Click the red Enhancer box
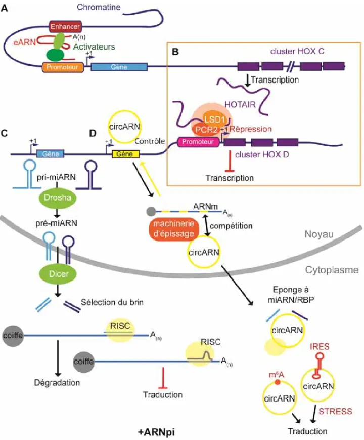[x=65, y=27]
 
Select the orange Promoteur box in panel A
[x=63, y=67]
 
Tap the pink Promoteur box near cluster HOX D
[x=198, y=142]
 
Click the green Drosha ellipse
[x=57, y=197]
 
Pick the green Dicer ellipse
[x=58, y=273]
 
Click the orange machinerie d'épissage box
[x=174, y=229]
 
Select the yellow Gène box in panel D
[x=125, y=154]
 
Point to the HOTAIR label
[x=240, y=105]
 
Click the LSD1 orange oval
[x=214, y=119]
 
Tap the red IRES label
[x=320, y=346]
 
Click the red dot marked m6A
[x=277, y=382]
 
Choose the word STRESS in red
[x=335, y=411]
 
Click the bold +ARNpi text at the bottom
[x=156, y=432]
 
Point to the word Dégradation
[x=57, y=382]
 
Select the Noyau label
[x=319, y=234]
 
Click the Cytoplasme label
[x=332, y=270]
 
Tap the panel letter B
[x=175, y=52]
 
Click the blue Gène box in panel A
[x=119, y=67]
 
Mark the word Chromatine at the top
[x=99, y=7]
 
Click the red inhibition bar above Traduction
[x=163, y=378]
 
